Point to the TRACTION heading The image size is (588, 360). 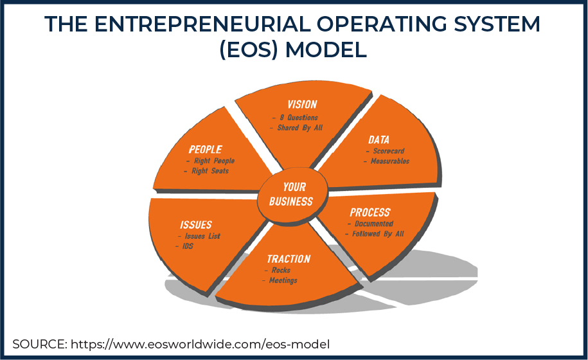pyautogui.click(x=289, y=259)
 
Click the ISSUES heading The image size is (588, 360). pyautogui.click(x=195, y=225)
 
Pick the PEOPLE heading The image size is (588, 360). pyautogui.click(x=205, y=149)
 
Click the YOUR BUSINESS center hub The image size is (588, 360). pyautogui.click(x=290, y=194)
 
